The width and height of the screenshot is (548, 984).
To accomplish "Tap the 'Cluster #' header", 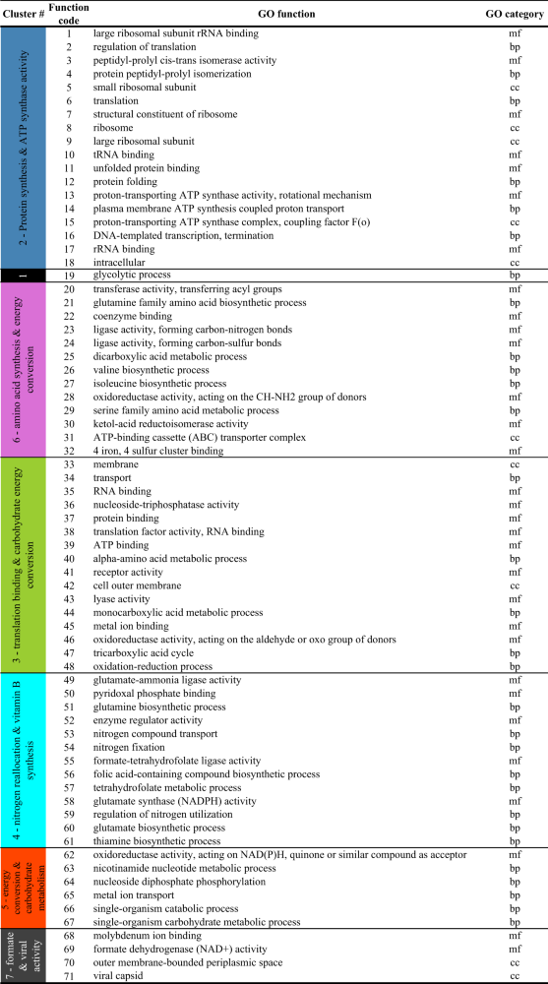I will click(x=24, y=14).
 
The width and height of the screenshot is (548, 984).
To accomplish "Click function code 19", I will click(x=69, y=276).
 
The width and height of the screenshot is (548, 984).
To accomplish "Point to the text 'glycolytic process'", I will click(x=134, y=276).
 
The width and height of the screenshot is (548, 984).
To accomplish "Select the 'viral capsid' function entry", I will click(x=120, y=976).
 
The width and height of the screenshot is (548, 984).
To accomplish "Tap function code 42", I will click(x=69, y=585).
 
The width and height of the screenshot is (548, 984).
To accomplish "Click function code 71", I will click(x=69, y=976).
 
